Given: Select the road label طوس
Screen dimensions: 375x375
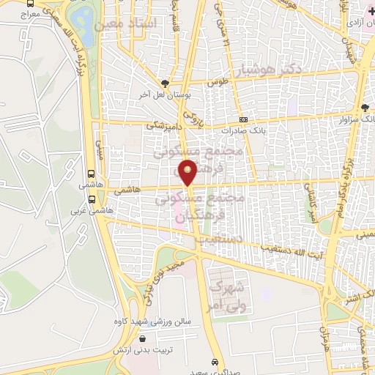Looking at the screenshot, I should tap(215, 83).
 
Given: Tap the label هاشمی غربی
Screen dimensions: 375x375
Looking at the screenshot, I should tap(89, 211).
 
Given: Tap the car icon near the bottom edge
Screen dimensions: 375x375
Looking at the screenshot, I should tap(214, 363).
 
